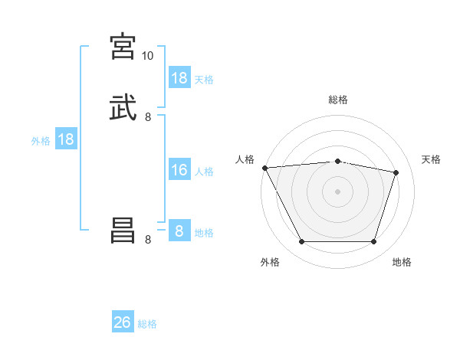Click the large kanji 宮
pyautogui.click(x=123, y=46)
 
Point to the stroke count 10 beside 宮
pyautogui.click(x=147, y=55)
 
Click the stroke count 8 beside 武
pyautogui.click(x=148, y=117)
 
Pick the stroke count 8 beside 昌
pyautogui.click(x=148, y=240)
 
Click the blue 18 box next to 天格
pyautogui.click(x=179, y=78)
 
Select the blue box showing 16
pyautogui.click(x=179, y=170)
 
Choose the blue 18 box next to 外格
pyautogui.click(x=66, y=139)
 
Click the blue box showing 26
pyautogui.click(x=123, y=322)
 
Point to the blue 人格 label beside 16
pyautogui.click(x=205, y=172)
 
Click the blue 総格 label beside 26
pyautogui.click(x=147, y=324)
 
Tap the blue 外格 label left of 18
pyautogui.click(x=41, y=140)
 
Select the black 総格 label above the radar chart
pyautogui.click(x=338, y=100)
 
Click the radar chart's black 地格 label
pyautogui.click(x=402, y=262)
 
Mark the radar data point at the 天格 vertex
pyautogui.click(x=396, y=172)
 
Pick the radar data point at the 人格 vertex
pyautogui.click(x=264, y=168)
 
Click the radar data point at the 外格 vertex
pyautogui.click(x=301, y=242)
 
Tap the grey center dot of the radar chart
pyautogui.click(x=337, y=191)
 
